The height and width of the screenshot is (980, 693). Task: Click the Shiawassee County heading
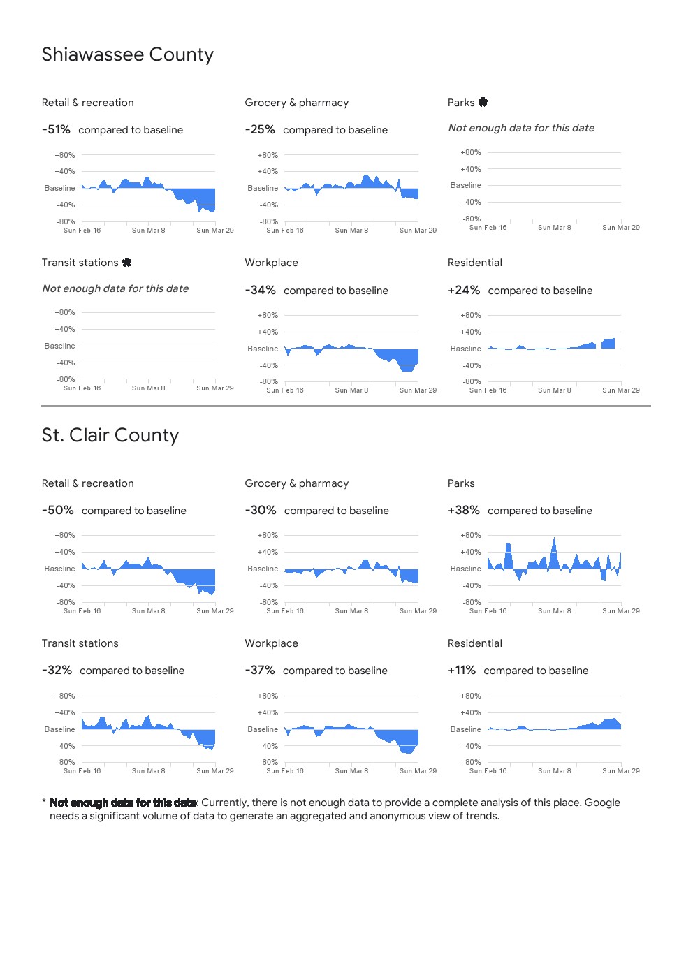pyautogui.click(x=127, y=55)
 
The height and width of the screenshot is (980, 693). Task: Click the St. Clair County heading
pyautogui.click(x=110, y=436)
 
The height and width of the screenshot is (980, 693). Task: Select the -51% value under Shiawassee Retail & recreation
pyautogui.click(x=56, y=130)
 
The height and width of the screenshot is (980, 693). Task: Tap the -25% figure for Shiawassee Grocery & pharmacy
pyautogui.click(x=260, y=130)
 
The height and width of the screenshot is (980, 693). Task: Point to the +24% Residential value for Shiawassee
pyautogui.click(x=464, y=291)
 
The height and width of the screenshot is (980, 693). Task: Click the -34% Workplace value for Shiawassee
pyautogui.click(x=260, y=291)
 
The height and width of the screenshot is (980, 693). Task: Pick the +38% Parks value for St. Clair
pyautogui.click(x=464, y=511)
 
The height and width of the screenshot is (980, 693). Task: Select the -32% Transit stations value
pyautogui.click(x=57, y=671)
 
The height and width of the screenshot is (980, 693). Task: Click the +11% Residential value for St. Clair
pyautogui.click(x=462, y=671)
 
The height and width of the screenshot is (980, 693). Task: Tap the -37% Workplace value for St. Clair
pyautogui.click(x=260, y=671)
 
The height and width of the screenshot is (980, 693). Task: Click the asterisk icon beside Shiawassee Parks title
pyautogui.click(x=483, y=103)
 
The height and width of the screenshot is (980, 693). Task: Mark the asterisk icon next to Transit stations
pyautogui.click(x=126, y=263)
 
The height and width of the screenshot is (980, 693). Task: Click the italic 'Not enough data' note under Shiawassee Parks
pyautogui.click(x=521, y=129)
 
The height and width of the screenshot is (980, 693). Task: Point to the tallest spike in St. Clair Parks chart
pyautogui.click(x=554, y=539)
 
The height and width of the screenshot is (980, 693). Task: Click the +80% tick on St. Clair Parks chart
pyautogui.click(x=471, y=536)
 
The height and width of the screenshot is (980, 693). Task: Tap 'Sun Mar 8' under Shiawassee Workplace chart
pyautogui.click(x=351, y=390)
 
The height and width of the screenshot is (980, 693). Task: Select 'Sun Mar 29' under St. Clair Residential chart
pyautogui.click(x=621, y=771)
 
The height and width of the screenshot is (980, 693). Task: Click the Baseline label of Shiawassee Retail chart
pyautogui.click(x=59, y=189)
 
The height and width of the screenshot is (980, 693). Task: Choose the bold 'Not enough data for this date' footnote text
pyautogui.click(x=123, y=803)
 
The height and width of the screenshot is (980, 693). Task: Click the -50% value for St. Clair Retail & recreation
pyautogui.click(x=57, y=511)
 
